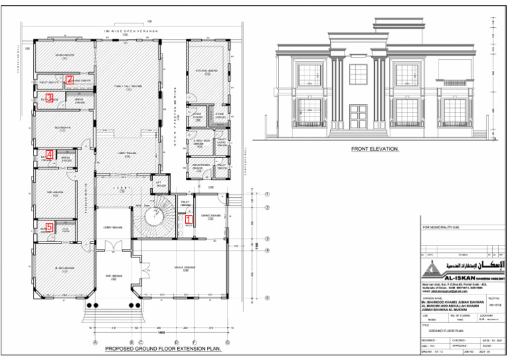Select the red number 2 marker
point(69,79)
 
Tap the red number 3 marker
point(49,98)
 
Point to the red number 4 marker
point(49,155)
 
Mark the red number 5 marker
point(49,227)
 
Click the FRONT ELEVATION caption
point(375,150)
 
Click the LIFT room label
point(159,183)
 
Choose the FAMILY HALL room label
point(128,87)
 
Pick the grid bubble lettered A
point(96,341)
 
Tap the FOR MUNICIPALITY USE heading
point(444,228)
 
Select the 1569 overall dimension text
point(162,333)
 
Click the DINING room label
point(210,216)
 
